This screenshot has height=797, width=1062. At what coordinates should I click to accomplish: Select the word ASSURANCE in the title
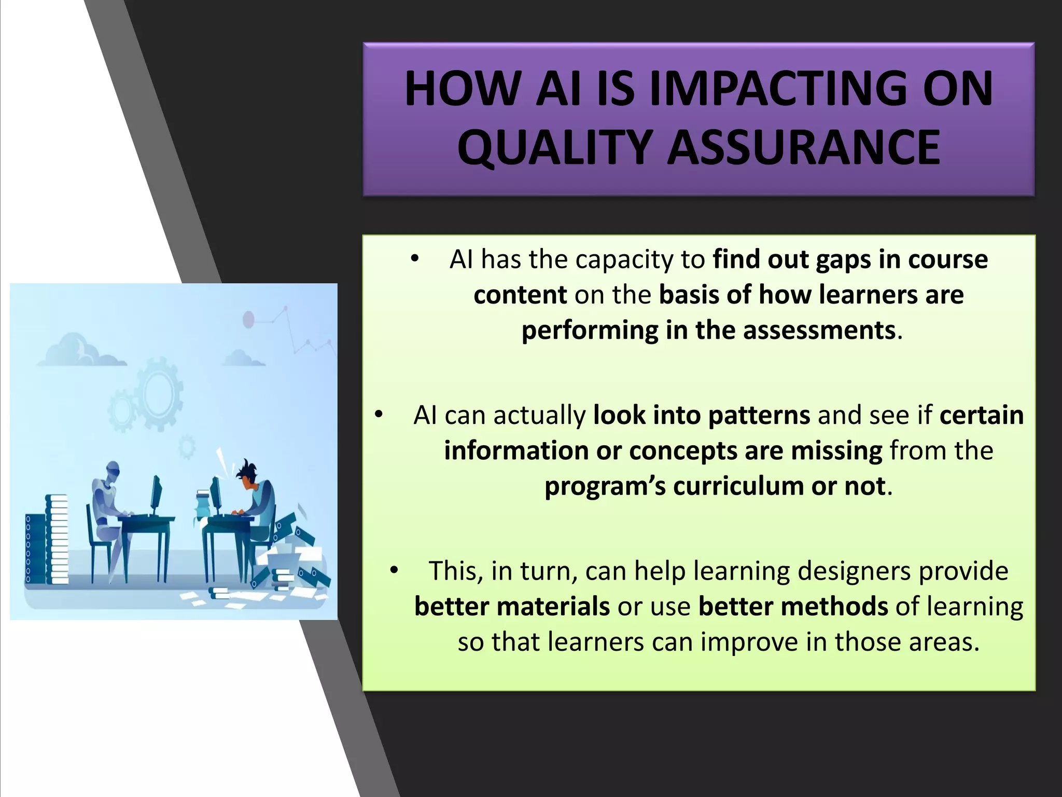803,148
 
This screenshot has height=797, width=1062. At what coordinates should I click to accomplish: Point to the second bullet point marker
379,414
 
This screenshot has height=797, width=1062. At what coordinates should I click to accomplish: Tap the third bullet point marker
394,570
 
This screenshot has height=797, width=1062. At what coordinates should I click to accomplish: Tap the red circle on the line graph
248,319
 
